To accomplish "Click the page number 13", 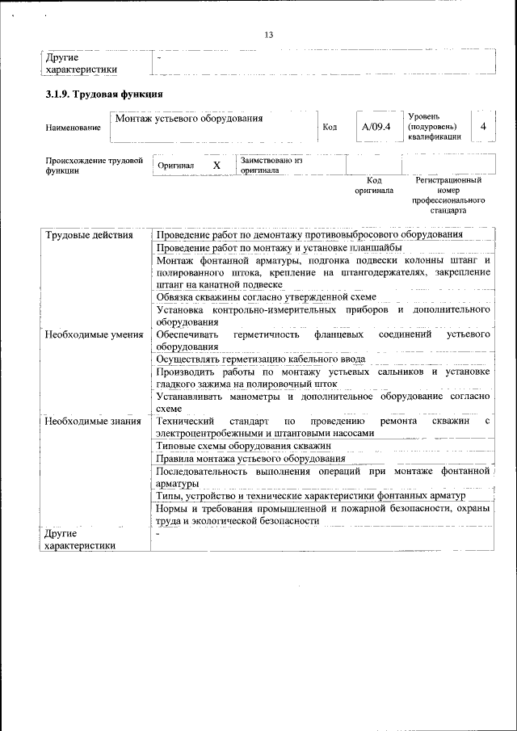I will click(x=269, y=34).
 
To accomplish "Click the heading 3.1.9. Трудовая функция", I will click(x=105, y=95).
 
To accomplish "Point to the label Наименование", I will click(x=74, y=128).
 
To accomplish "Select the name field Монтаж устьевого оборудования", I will click(x=189, y=120).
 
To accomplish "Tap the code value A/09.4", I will click(x=376, y=127).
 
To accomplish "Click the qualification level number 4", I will click(x=483, y=127).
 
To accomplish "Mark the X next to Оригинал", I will click(x=216, y=165).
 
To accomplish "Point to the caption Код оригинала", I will click(x=374, y=186).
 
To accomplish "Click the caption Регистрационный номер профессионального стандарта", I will click(x=448, y=195).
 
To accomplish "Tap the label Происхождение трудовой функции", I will click(x=88, y=165).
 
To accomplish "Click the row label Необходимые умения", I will click(x=94, y=334).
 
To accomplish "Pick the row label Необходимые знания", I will click(x=92, y=421).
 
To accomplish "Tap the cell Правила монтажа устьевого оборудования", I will click(x=250, y=459).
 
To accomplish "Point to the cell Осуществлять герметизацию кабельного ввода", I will click(x=261, y=359).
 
